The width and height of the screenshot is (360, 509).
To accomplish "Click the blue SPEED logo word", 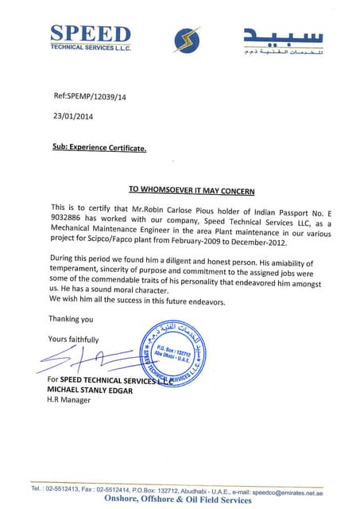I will point(90,33).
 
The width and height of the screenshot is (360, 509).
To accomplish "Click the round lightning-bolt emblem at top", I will point(187,39).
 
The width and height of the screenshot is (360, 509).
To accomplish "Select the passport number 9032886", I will point(69,216).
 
